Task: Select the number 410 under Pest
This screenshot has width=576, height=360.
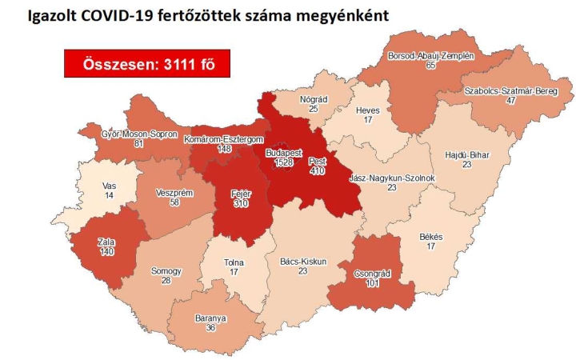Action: pos(317,170)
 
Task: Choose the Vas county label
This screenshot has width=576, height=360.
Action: pos(109,185)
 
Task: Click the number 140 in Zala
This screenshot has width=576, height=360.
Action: pos(107,252)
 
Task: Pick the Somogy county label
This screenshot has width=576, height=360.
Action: pos(166,271)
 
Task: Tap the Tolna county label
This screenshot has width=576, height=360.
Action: pos(234,262)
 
